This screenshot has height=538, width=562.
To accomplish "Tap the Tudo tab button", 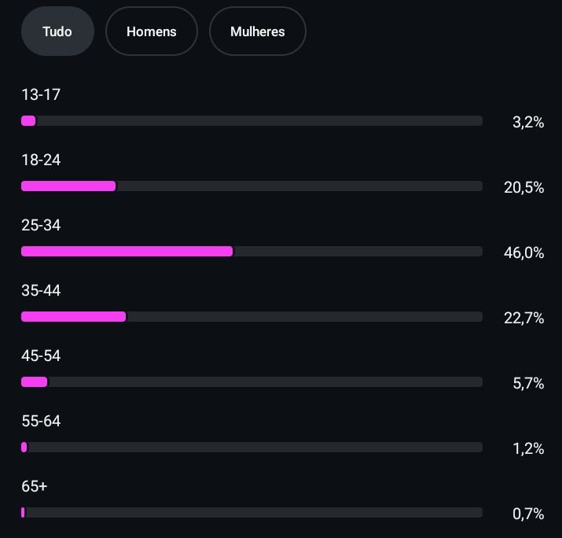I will click(57, 31).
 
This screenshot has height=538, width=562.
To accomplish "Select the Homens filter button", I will click(151, 31).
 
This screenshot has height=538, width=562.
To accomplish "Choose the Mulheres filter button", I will click(257, 31).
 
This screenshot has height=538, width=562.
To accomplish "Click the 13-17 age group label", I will click(41, 95).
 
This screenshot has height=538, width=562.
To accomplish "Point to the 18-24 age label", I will click(41, 160).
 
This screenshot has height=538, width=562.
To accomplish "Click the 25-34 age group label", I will click(41, 226).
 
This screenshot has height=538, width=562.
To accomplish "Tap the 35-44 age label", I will click(41, 291).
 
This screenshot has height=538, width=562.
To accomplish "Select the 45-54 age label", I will click(41, 356).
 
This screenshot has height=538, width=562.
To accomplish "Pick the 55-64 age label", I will click(41, 422).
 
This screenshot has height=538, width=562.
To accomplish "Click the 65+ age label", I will click(35, 487).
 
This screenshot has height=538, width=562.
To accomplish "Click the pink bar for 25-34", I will click(127, 251).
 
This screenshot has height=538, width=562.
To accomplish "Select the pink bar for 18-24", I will click(68, 186).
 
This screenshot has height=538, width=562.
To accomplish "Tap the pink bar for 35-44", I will click(73, 316).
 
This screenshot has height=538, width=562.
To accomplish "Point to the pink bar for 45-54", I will click(34, 381).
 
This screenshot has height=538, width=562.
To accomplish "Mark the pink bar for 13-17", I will click(28, 120).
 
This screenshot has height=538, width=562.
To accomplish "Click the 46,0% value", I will click(523, 252).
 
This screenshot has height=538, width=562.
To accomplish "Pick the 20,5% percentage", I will click(523, 187).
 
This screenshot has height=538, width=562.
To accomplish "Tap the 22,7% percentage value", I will click(523, 318).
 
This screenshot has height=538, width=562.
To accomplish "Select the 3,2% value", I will click(528, 122).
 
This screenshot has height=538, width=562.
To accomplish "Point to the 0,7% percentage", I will click(528, 514).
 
